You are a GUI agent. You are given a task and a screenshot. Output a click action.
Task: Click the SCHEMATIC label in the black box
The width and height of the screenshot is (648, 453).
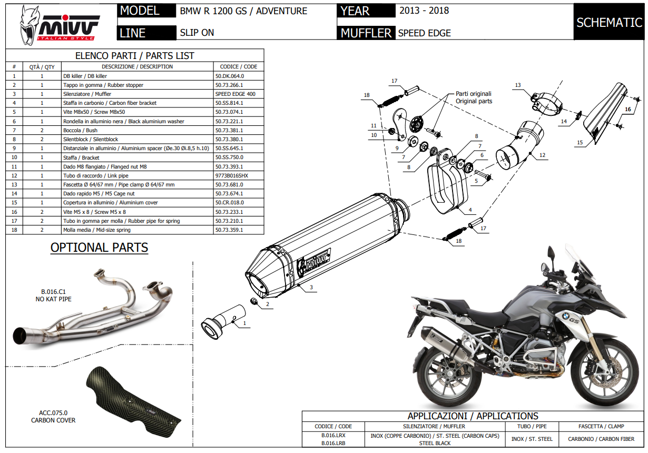(609, 23)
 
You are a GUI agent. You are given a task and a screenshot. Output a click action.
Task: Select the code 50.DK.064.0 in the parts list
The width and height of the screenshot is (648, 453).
(230, 76)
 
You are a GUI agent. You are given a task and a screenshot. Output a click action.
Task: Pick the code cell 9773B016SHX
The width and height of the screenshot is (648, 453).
(231, 175)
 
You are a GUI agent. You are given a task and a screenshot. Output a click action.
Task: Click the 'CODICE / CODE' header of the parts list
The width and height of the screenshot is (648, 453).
(238, 67)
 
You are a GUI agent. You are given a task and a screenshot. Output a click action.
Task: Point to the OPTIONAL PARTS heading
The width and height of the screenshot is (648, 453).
(99, 248)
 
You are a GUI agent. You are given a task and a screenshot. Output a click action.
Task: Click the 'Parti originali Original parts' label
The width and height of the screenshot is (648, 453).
(474, 97)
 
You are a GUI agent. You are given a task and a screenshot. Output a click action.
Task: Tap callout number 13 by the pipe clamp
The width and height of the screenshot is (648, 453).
(518, 85)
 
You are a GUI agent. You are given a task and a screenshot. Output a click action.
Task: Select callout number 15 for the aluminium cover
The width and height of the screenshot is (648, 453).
(580, 142)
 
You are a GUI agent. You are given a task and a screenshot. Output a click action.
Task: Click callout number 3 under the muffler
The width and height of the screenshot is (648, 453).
(311, 288)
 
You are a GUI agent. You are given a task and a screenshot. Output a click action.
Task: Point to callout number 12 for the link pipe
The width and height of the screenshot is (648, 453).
(543, 155)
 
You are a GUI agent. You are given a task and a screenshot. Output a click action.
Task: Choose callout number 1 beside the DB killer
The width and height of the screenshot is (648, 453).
(244, 322)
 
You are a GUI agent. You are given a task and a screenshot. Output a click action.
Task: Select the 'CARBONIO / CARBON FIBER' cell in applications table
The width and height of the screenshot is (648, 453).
(601, 439)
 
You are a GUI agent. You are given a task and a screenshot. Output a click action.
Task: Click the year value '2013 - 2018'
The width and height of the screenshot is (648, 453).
(424, 11)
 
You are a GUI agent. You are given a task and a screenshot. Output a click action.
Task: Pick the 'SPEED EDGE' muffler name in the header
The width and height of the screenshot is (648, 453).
(424, 33)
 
